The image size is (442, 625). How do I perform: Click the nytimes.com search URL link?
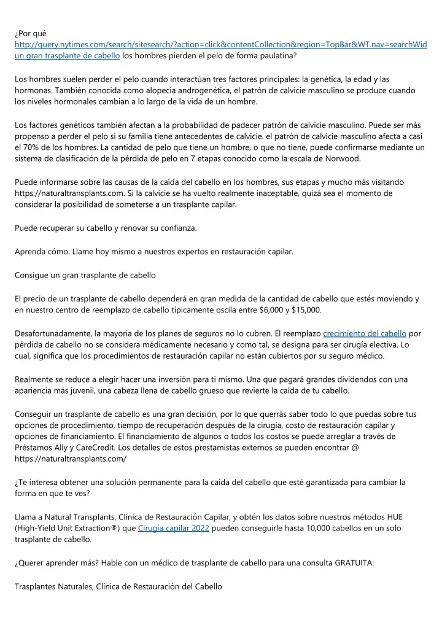[221, 45]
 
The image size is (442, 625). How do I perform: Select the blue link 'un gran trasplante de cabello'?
[67, 56]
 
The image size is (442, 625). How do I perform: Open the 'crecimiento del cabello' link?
[365, 333]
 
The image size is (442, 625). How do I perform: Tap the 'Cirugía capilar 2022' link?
[174, 528]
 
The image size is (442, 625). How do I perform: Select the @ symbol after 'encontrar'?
[355, 448]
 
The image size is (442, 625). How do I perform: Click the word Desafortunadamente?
[52, 333]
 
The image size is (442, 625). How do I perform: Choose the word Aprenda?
[31, 251]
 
